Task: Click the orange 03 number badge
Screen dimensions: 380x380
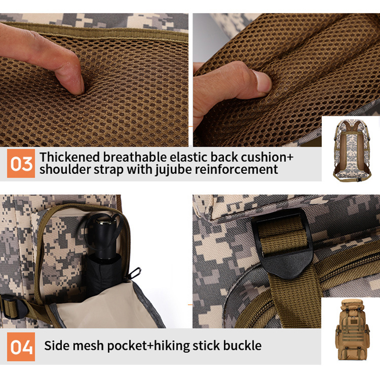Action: pos(21,163)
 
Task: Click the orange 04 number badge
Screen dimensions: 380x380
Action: pos(21,347)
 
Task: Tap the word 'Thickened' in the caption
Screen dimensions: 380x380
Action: pos(70,157)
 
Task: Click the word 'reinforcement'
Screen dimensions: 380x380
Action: pos(237,169)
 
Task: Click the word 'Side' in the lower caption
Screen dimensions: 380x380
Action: pos(57,345)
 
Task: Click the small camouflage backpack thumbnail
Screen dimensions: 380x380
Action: pos(352,150)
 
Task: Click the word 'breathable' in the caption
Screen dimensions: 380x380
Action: pos(135,157)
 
